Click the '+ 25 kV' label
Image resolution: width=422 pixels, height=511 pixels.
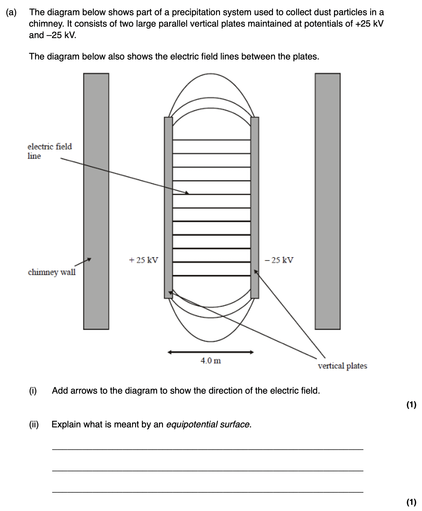click(x=143, y=260)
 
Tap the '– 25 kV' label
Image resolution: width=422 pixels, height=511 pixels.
click(x=279, y=260)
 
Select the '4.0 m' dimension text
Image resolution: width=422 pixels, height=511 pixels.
click(x=211, y=360)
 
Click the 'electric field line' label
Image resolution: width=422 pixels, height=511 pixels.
click(x=49, y=151)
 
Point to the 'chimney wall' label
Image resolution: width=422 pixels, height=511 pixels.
click(x=52, y=272)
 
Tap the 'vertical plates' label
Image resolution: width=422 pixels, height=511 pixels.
click(x=342, y=366)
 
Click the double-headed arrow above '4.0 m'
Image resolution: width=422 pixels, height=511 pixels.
click(x=211, y=352)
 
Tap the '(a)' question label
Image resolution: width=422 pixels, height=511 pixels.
click(x=11, y=12)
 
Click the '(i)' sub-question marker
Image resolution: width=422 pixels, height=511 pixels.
click(x=33, y=391)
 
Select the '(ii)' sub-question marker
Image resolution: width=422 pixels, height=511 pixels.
click(x=34, y=424)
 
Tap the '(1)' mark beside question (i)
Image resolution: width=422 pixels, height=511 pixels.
click(x=411, y=405)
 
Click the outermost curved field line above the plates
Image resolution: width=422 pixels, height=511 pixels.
click(x=211, y=74)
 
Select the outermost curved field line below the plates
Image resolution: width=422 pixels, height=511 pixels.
click(x=211, y=341)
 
